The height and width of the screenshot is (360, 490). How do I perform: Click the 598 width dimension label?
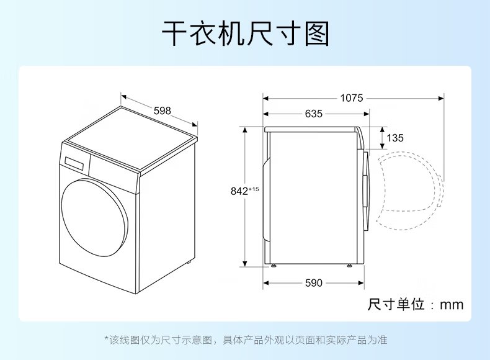(x=162, y=110)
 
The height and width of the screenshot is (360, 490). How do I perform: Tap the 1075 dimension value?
(x=352, y=98)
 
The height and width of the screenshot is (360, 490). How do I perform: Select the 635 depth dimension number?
(x=313, y=114)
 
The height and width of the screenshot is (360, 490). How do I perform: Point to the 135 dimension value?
(x=395, y=138)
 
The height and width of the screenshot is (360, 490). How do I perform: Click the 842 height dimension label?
(x=239, y=191)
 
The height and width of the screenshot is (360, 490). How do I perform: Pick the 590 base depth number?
(x=313, y=283)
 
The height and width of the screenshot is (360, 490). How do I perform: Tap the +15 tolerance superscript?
(x=254, y=189)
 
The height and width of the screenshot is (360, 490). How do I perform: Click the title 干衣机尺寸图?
(x=246, y=34)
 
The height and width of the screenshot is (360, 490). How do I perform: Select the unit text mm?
(x=452, y=304)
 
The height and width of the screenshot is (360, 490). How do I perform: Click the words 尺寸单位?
(x=396, y=304)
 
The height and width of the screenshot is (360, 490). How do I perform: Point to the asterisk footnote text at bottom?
(x=246, y=340)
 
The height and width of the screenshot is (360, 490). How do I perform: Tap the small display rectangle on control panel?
(x=74, y=164)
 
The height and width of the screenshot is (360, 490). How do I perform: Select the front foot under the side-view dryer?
(x=349, y=266)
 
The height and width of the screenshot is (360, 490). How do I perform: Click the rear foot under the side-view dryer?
(x=274, y=266)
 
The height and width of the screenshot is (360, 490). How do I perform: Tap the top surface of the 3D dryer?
(x=133, y=138)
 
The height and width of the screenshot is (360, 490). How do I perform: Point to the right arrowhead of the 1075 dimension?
(x=441, y=99)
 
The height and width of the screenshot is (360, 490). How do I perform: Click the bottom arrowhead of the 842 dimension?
(x=245, y=264)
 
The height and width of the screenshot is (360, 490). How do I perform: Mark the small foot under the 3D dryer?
(x=189, y=262)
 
